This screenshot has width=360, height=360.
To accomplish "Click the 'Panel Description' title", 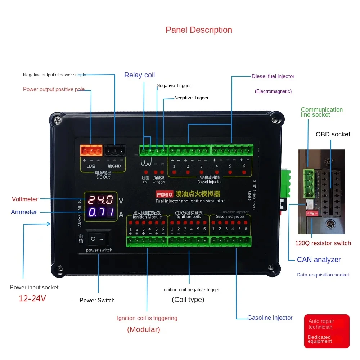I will [x=199, y=30].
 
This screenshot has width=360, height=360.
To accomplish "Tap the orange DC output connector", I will [x=91, y=150].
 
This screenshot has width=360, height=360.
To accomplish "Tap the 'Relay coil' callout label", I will [x=139, y=75].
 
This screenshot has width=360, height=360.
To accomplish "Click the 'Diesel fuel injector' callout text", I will [x=273, y=76].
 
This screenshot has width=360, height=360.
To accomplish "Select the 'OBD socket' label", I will [x=333, y=134].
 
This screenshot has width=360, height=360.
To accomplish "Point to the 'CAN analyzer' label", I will [x=319, y=260].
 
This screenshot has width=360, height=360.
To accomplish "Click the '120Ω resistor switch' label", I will [x=323, y=243].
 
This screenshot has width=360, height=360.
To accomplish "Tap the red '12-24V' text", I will [x=32, y=298].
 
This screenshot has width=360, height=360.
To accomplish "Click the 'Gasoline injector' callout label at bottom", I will [x=270, y=318].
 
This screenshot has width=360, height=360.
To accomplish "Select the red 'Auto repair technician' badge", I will [x=327, y=331].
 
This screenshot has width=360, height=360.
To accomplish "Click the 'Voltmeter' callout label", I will [x=24, y=199].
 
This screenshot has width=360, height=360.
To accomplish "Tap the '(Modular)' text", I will [x=143, y=329].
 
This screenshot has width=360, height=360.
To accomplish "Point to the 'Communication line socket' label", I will [x=321, y=112].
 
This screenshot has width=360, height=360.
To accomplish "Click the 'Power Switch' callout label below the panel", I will [x=97, y=300].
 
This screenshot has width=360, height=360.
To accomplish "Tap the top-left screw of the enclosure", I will [x=57, y=118].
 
